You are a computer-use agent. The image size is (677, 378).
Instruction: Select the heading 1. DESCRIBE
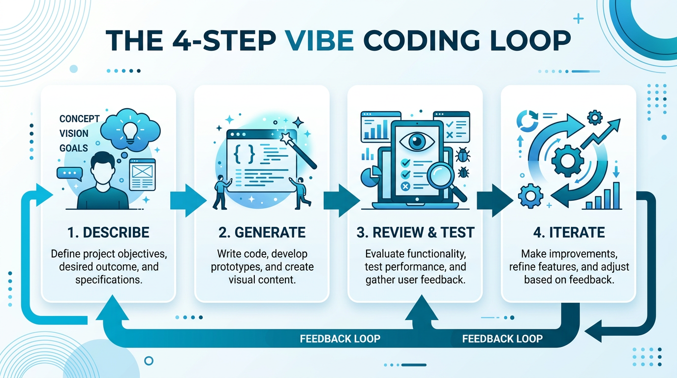(x=108, y=232)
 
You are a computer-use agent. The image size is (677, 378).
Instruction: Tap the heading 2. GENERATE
(x=262, y=232)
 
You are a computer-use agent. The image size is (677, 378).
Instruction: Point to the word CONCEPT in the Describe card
(x=79, y=119)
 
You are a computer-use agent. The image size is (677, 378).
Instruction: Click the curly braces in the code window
(x=245, y=154)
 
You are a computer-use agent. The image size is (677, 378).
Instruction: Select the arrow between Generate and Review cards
(x=340, y=201)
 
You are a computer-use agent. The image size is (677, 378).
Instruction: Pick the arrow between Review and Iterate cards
(x=494, y=201)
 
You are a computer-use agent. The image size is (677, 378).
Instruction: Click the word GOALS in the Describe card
(x=73, y=148)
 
